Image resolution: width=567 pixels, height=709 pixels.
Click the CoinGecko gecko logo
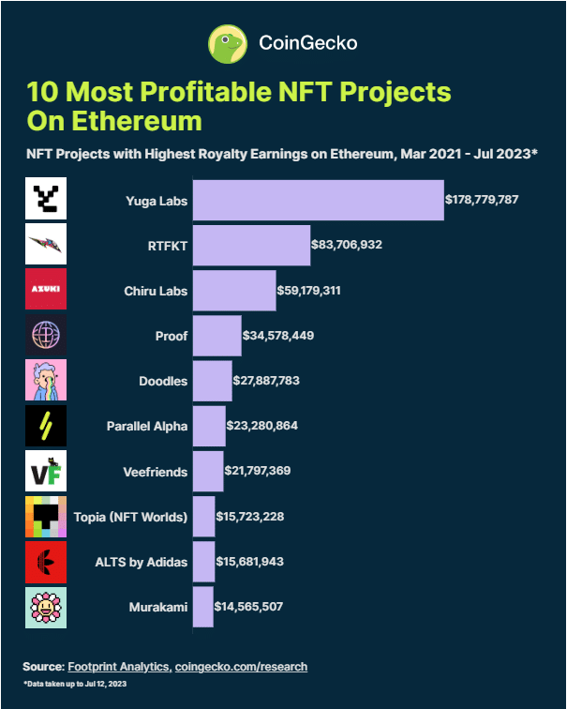point(227,43)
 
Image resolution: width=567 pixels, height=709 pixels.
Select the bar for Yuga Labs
point(318,200)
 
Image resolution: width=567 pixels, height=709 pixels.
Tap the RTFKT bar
point(251,245)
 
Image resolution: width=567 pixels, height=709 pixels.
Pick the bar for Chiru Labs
point(234,291)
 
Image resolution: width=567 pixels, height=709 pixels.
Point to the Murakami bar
point(202,607)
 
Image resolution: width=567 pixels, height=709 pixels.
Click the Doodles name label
point(163,381)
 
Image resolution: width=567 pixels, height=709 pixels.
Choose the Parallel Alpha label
point(147,426)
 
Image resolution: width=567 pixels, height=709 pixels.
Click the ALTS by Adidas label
point(142,562)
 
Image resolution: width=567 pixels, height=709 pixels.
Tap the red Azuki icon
point(46,290)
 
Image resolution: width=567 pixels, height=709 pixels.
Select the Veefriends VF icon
point(46,471)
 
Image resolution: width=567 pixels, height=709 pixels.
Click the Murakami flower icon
point(46,607)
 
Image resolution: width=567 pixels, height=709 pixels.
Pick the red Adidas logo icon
point(46,562)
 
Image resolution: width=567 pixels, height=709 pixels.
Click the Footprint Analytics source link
point(119,666)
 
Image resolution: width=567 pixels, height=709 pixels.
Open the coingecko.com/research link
point(241,666)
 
